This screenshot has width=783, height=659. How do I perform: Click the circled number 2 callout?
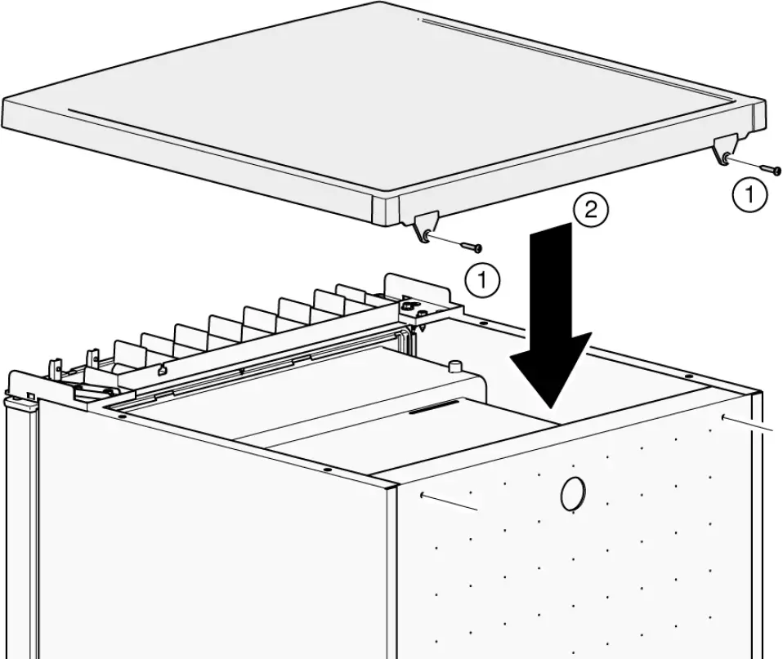click(x=590, y=212)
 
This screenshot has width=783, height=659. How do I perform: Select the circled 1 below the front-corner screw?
click(x=482, y=281)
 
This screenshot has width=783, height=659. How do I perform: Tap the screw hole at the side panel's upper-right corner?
click(x=724, y=417)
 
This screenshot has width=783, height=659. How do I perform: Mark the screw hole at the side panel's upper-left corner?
click(x=422, y=494)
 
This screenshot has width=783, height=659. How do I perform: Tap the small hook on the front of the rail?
click(x=163, y=370)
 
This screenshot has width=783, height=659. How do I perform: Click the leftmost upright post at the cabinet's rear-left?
click(x=55, y=370)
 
